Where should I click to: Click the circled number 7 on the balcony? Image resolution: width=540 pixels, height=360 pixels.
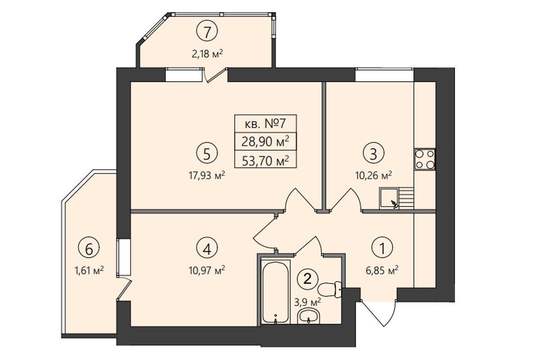tap(207, 31)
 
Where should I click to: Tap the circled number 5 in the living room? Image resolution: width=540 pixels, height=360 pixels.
tap(207, 153)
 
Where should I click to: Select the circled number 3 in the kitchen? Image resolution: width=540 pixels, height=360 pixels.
tap(373, 153)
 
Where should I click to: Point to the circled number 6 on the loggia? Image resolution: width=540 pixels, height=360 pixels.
tap(89, 248)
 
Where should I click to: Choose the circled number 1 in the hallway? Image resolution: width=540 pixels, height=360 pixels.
tap(382, 248)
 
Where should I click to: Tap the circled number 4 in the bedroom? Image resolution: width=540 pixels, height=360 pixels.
tap(207, 248)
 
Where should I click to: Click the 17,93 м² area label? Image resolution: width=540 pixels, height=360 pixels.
tap(207, 175)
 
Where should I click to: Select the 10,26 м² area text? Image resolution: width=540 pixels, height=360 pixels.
tap(373, 175)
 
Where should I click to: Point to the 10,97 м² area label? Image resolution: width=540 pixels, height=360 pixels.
tap(207, 270)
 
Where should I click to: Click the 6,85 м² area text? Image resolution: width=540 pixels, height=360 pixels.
tap(382, 270)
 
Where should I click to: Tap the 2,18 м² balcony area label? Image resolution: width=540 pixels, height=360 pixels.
tap(207, 54)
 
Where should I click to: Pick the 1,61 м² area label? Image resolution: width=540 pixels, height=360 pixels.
tap(89, 271)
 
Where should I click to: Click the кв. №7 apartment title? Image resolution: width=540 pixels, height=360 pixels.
tap(265, 124)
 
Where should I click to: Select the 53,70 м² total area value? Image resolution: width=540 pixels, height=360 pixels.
tap(265, 161)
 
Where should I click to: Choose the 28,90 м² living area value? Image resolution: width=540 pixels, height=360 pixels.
tap(265, 142)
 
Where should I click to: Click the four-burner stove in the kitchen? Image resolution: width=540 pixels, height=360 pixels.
tap(425, 159)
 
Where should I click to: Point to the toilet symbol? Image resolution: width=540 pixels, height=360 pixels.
tap(330, 289)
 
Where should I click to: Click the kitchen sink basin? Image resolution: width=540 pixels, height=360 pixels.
tap(389, 198)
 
